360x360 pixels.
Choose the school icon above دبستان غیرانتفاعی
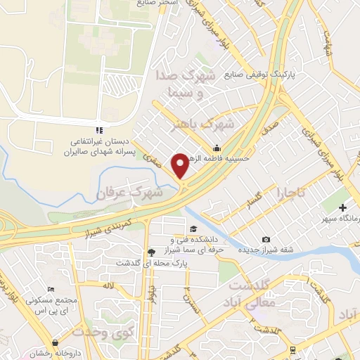coord(99,130)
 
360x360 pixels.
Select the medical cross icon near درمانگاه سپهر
coord(343,207)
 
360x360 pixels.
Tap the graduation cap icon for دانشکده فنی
coord(193,229)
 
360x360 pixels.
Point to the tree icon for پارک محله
coord(151,252)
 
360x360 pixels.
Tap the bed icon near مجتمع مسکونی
coord(50,289)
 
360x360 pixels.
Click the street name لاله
coord(107,286)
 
